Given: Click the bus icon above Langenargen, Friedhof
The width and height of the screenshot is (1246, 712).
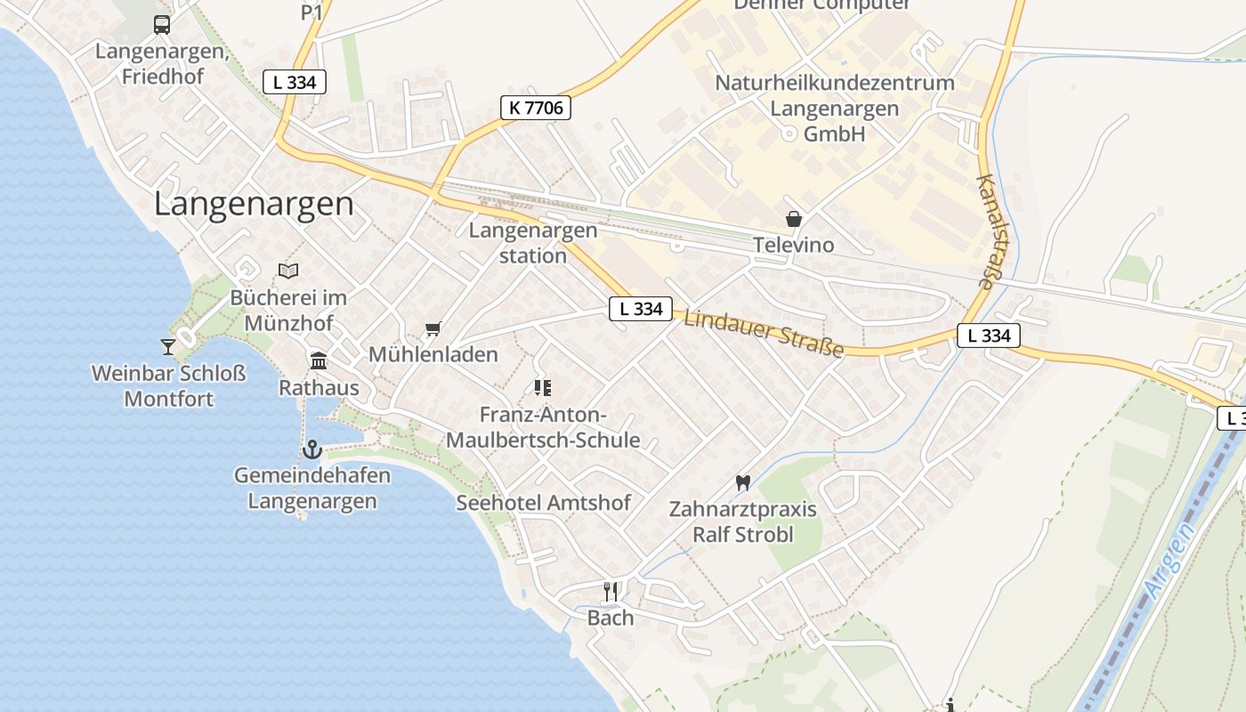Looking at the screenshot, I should (x=161, y=25).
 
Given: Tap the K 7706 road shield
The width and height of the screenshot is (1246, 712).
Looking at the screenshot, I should (x=535, y=108).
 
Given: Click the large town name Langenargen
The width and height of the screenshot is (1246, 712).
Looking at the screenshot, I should (x=254, y=204).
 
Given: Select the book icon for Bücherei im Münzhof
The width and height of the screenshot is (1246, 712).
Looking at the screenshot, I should (x=287, y=271).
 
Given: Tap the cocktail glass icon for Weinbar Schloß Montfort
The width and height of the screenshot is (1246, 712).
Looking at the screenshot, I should (x=168, y=346).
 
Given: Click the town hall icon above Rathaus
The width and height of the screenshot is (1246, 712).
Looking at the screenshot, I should (x=318, y=360).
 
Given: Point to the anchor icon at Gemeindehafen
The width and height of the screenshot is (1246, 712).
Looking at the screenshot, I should (x=311, y=449).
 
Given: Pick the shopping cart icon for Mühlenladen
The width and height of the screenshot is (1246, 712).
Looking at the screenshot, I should (x=433, y=329).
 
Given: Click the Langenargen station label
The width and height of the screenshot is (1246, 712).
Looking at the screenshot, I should (x=532, y=243).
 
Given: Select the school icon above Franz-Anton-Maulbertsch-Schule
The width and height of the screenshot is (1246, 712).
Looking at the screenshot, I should (x=542, y=387).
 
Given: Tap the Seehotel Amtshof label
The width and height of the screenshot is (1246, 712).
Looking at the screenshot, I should (x=543, y=503).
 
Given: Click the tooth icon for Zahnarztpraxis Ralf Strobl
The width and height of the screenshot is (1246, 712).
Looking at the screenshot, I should (x=743, y=482).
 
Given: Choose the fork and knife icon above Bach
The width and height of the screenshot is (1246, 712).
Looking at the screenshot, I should (x=611, y=591).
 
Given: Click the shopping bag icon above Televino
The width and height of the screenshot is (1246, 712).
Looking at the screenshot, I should (x=793, y=219).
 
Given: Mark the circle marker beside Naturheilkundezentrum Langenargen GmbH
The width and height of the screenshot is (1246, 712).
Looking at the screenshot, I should (x=788, y=133).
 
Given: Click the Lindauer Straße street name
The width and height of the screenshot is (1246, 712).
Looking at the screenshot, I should (x=764, y=333).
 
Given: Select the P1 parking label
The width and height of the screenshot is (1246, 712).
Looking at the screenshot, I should (x=311, y=12).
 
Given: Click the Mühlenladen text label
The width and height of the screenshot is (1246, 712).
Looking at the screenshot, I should (x=433, y=354).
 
